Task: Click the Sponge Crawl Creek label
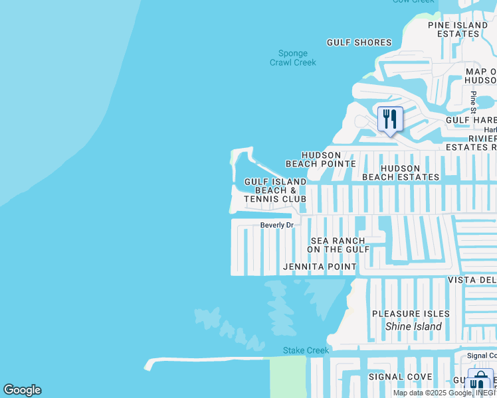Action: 292,58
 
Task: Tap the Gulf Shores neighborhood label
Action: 359,42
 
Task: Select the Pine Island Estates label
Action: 458,29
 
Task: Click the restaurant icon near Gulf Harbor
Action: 390,119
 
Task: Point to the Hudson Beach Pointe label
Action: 321,159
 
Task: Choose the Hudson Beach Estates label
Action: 401,172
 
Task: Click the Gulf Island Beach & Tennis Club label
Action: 275,190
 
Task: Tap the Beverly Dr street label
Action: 276,225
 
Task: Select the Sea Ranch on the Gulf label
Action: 338,245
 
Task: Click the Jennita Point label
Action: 320,267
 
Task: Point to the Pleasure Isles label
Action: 411,313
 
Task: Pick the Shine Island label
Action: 413,326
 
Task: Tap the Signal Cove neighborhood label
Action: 400,377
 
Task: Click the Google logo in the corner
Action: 22,390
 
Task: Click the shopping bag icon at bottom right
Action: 479,381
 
